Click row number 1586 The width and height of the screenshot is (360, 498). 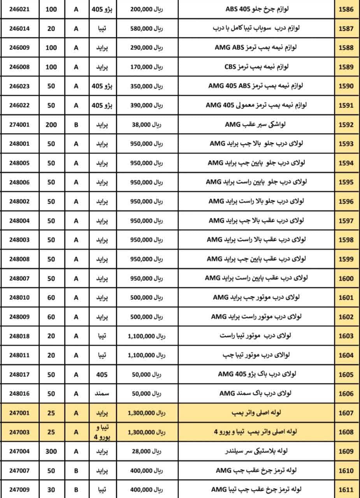[346, 9]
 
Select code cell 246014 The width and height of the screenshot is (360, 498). [19, 28]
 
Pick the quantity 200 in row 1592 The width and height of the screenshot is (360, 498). [51, 125]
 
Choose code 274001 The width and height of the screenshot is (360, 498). [19, 125]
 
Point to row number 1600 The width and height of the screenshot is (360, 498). [346, 279]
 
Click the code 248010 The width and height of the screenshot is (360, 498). [19, 298]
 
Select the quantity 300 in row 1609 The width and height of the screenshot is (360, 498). [51, 451]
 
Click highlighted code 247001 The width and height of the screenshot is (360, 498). [19, 413]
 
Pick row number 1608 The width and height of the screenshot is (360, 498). [346, 432]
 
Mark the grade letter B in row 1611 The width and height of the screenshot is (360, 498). [76, 490]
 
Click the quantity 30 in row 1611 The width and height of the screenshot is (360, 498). [51, 490]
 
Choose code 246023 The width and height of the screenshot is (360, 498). [19, 86]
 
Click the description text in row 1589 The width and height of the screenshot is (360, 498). [256, 67]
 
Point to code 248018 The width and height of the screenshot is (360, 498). [19, 336]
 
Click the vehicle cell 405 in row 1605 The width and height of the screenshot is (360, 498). [102, 375]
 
